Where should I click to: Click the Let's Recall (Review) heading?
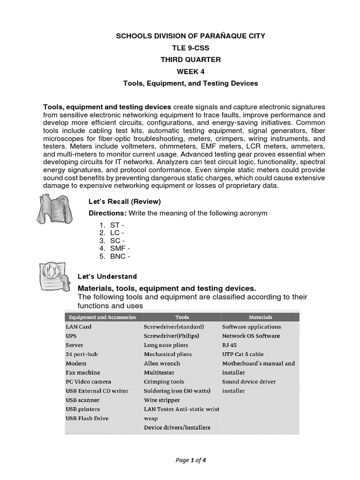125,202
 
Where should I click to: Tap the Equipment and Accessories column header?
101,317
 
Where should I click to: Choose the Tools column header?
182,317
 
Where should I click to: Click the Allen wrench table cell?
162,363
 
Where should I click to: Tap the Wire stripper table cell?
161,400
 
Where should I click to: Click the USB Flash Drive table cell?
87,418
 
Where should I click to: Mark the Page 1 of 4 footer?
190,460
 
